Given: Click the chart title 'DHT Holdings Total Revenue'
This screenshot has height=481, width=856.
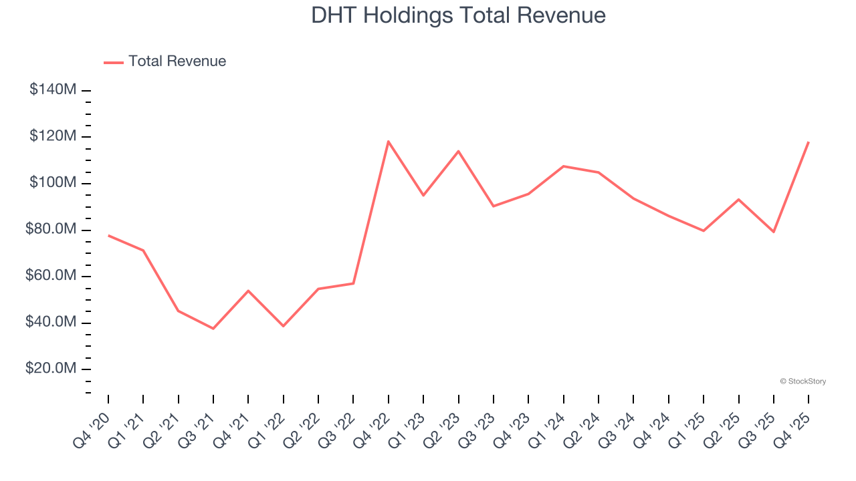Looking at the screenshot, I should (458, 15).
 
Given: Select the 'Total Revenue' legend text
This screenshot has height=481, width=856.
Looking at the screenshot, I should (177, 61).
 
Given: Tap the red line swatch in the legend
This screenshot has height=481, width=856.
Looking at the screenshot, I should (114, 62).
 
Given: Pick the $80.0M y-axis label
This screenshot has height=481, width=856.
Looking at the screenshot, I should (51, 230).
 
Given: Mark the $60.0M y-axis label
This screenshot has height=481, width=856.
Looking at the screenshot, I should (51, 276).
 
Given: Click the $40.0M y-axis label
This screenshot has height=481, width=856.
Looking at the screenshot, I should (51, 323).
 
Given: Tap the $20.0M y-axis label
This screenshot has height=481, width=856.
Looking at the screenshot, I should (51, 369).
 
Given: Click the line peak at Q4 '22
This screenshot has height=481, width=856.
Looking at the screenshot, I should (388, 141).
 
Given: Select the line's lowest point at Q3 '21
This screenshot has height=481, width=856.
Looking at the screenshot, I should (213, 329).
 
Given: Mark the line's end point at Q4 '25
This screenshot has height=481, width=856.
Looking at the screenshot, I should (809, 142).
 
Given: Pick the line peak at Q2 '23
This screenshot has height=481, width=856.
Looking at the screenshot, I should (458, 151).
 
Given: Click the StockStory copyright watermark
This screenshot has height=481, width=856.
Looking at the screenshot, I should (802, 381).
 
